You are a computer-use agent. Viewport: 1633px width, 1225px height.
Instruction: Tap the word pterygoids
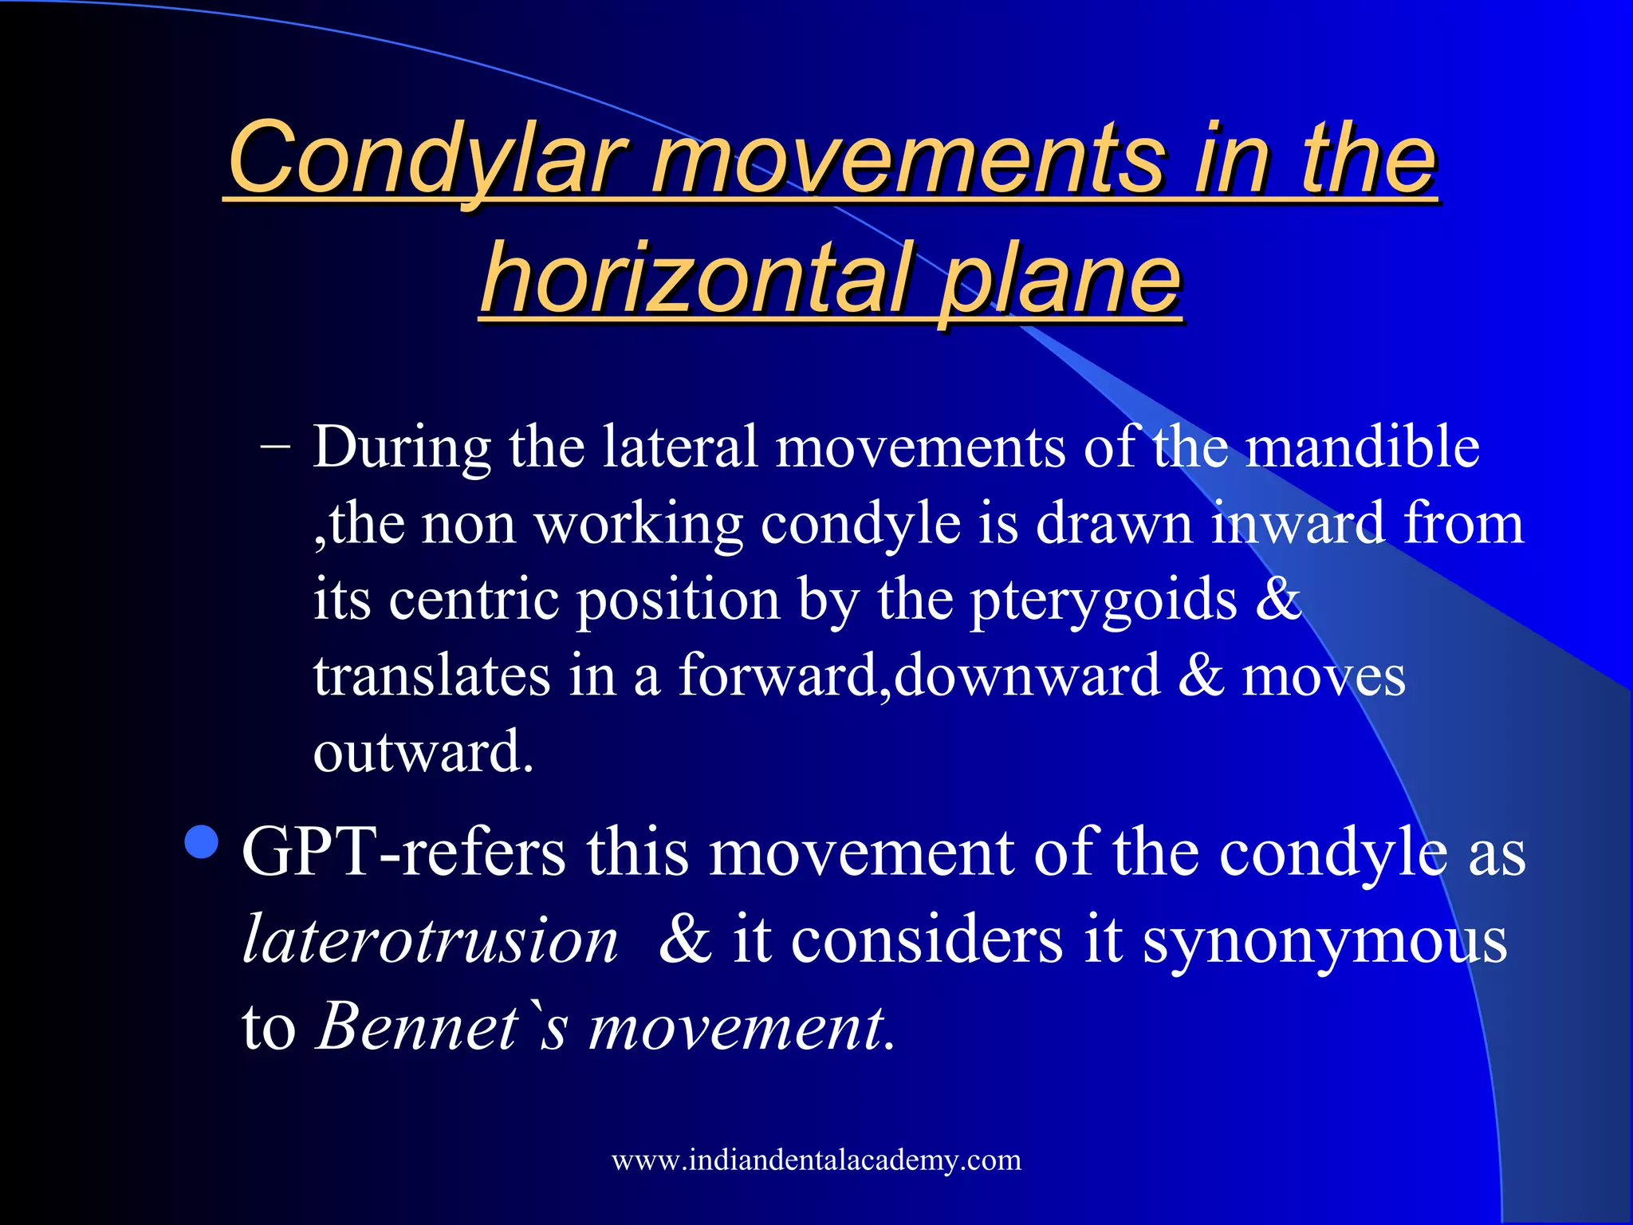point(1104,600)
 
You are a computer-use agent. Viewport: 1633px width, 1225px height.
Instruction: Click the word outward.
point(423,752)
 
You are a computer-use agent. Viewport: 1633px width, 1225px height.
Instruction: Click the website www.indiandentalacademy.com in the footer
point(816,1160)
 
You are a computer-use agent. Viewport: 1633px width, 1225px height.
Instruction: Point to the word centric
point(474,600)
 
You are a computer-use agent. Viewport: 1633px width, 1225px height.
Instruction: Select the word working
point(638,525)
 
